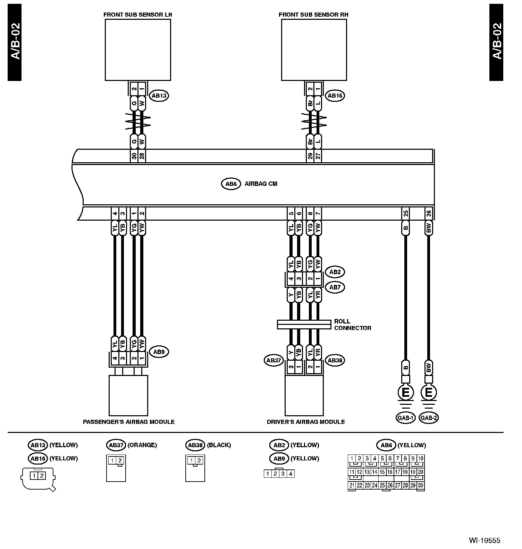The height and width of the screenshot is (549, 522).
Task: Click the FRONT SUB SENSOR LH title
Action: coord(137,15)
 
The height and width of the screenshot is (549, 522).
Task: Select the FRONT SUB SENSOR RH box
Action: coord(314,49)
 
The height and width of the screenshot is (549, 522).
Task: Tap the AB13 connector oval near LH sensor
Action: coord(159,96)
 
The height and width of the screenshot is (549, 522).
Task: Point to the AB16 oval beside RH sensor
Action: coord(335,96)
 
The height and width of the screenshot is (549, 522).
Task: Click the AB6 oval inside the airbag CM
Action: coord(231,184)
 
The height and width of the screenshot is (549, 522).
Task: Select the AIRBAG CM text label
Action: coord(261,184)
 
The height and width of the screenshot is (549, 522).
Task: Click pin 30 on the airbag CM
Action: coord(134,156)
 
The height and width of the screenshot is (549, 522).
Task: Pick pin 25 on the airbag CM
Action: coord(405,213)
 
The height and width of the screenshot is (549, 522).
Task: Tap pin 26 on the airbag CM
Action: coord(429,213)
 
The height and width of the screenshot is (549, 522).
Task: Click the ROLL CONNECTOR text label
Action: coord(352,325)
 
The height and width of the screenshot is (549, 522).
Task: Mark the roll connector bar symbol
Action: coord(304,325)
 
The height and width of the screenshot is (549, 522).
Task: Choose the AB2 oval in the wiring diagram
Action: coord(335,272)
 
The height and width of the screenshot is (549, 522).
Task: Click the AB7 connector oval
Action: coord(335,287)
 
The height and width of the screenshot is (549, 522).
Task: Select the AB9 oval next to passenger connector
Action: coord(159,352)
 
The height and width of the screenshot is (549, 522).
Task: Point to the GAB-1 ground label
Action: coord(405,418)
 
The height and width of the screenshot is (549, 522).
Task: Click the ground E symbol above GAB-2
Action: coord(429,393)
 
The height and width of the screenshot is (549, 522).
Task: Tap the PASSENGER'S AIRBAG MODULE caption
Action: coord(128,422)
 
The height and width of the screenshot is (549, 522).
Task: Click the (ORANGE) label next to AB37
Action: coord(142,445)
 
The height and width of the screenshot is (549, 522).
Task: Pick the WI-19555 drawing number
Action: coord(485,540)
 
